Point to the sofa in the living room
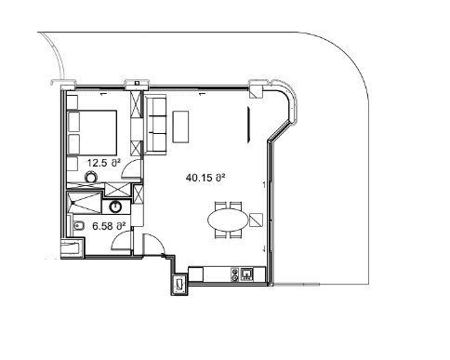pyautogui.click(x=155, y=126)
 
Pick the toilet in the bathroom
pyautogui.click(x=80, y=226)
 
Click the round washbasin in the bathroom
pyautogui.click(x=117, y=207)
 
